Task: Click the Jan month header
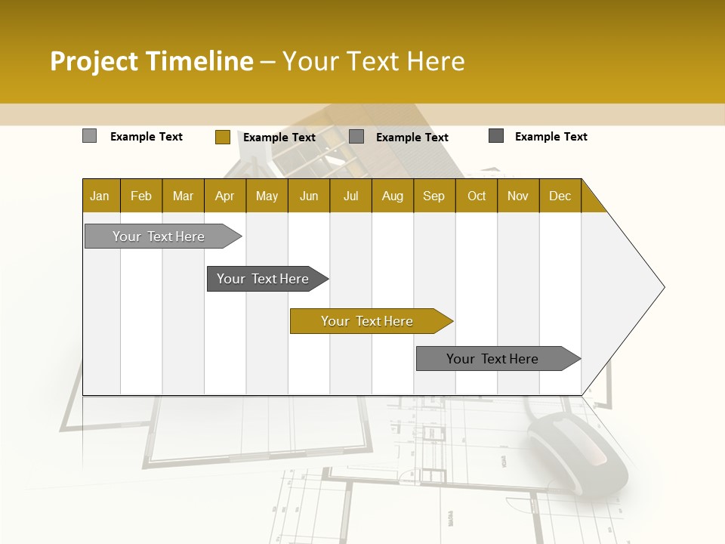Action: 100,196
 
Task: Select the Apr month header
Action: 224,196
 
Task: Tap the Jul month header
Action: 350,196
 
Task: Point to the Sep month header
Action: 433,196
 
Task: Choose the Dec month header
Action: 560,196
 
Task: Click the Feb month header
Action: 141,196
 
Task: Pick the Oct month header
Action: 477,196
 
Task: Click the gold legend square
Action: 222,137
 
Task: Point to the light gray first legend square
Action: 89,136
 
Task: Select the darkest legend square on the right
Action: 496,136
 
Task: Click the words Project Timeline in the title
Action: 151,61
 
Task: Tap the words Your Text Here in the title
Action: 374,61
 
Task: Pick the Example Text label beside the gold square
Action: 279,138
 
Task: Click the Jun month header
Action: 309,196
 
